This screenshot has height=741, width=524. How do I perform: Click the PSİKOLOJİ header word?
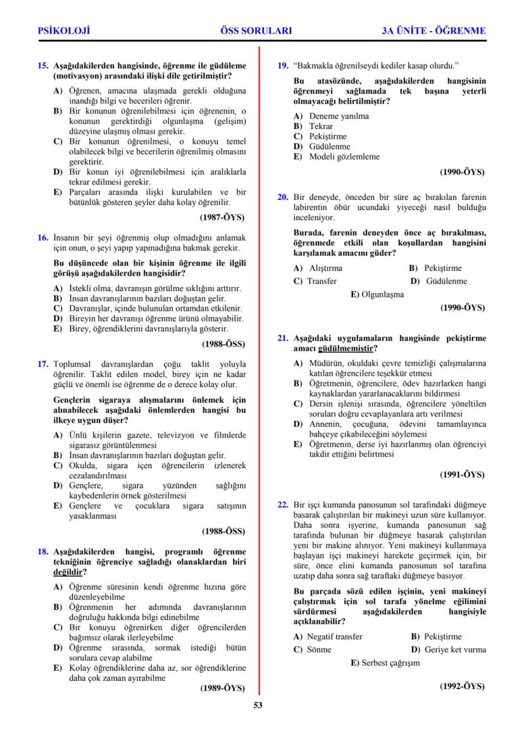64,30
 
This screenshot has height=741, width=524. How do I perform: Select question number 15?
43,65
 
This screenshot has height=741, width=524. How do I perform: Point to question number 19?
284,65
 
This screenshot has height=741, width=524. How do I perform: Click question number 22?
284,505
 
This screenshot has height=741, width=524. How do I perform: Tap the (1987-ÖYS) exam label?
222,217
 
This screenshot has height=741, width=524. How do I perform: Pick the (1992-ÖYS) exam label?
462,686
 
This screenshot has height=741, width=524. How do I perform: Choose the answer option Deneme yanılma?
339,116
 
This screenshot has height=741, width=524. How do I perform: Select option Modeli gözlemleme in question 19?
344,156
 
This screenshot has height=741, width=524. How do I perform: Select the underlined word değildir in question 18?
66,572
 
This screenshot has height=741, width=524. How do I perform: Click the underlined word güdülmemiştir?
344,349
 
